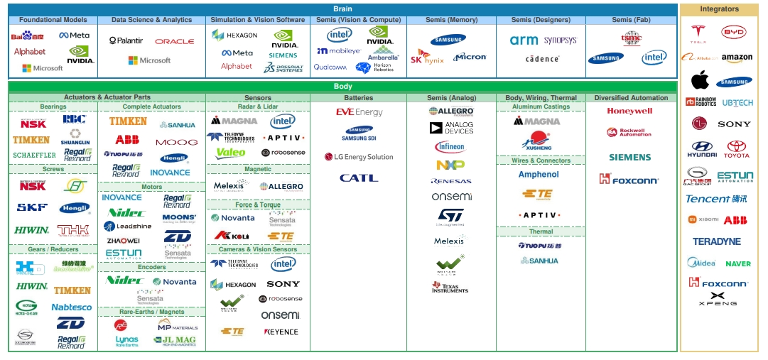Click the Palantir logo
tap(126, 41)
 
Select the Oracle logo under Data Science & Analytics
tap(174, 42)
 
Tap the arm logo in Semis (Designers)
tap(524, 40)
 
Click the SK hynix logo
tap(427, 58)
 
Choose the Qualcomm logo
tap(330, 67)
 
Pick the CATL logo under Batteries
tap(358, 178)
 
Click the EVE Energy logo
tap(359, 112)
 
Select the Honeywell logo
tap(629, 111)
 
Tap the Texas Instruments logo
tap(450, 287)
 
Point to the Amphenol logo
tap(539, 175)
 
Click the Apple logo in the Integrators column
tap(700, 80)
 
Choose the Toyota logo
tap(737, 149)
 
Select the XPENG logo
tap(718, 299)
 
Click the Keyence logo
tap(281, 332)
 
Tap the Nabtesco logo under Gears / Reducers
tap(72, 307)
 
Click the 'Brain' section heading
tap(342, 9)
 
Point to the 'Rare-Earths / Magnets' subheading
tap(151, 312)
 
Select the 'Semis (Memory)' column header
tap(452, 20)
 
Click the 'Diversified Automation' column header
tap(631, 98)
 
